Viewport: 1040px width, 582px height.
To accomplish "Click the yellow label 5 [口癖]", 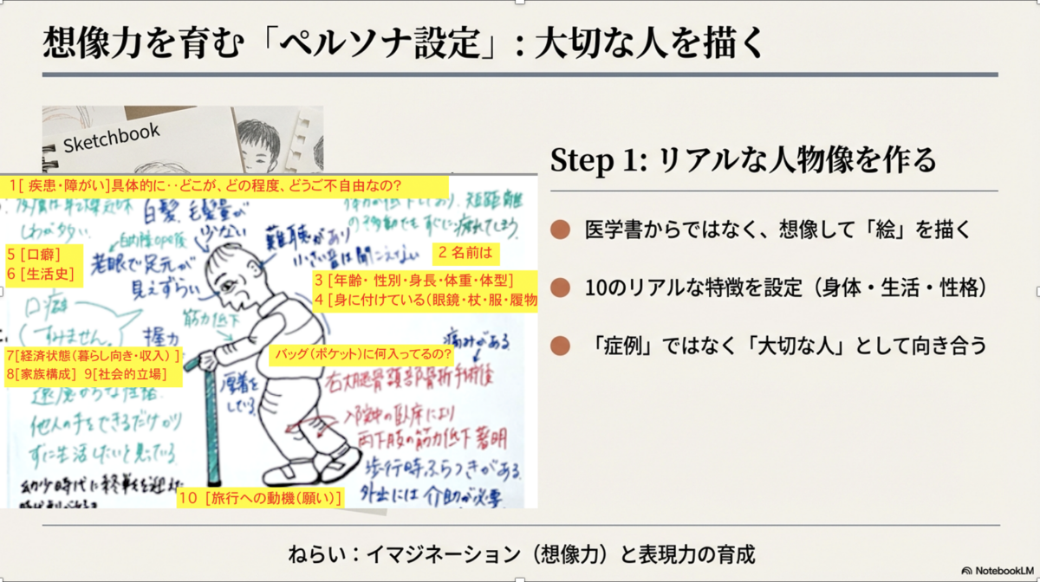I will pos(36,255).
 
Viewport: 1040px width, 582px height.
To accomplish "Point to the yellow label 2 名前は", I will pos(465,254).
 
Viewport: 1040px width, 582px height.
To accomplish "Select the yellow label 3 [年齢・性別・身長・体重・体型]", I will pos(414,280).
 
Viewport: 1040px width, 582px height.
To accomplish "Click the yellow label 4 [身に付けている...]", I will pos(426,300).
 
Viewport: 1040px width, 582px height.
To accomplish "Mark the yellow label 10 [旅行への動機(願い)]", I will pos(259,498).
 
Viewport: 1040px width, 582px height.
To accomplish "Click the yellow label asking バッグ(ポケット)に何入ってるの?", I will pos(361,355).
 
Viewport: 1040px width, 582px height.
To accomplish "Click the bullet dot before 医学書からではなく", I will pos(561,230).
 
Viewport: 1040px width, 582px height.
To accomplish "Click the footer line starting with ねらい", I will pos(523,552).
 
